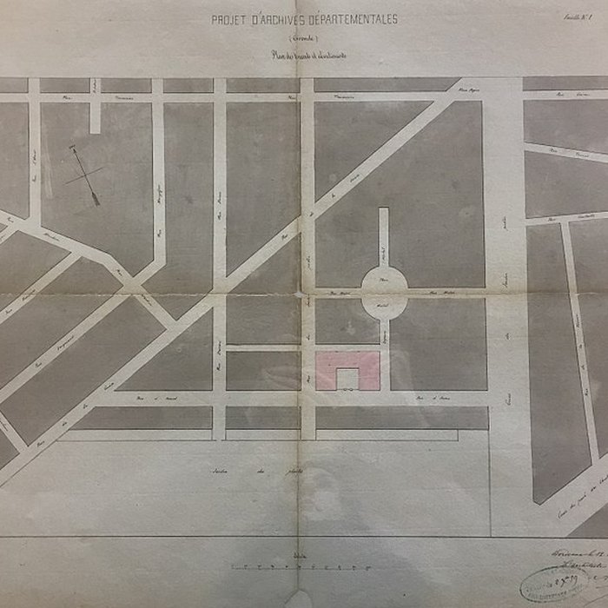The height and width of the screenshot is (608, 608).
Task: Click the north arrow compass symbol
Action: pos(84,175)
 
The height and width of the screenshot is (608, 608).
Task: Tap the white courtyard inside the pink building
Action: pos(347,379)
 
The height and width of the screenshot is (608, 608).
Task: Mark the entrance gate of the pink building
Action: pos(347,390)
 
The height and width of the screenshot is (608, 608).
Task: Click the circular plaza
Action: pos(384,292)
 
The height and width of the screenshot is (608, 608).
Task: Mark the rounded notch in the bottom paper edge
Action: pos(300,601)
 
